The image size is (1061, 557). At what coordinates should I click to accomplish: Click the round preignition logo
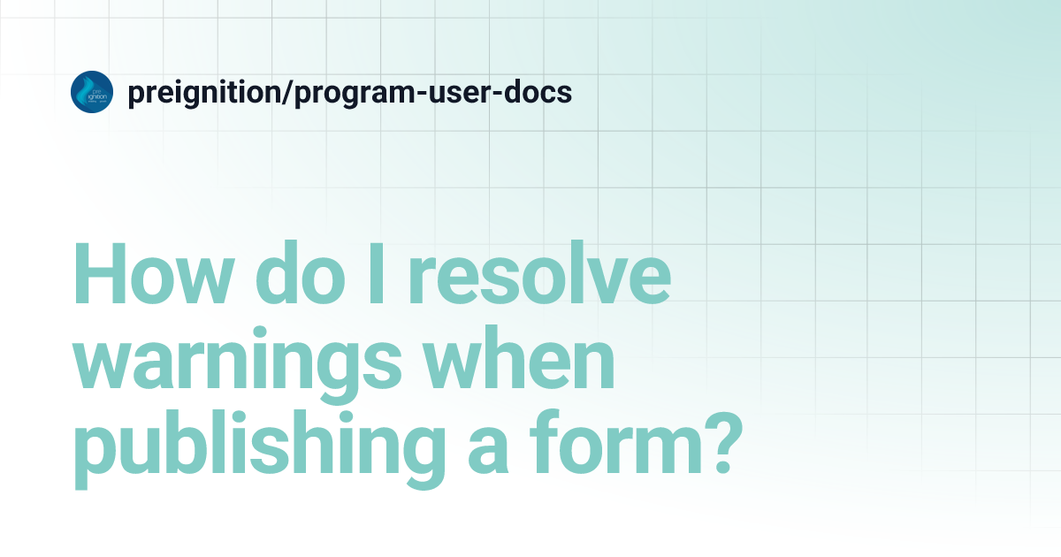(92, 92)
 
